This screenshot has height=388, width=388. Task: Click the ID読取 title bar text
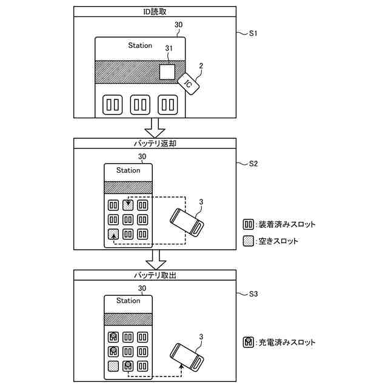click(154, 12)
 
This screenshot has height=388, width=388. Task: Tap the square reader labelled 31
click(167, 72)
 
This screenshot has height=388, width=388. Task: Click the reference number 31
click(170, 48)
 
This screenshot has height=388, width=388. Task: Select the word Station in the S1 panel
click(140, 45)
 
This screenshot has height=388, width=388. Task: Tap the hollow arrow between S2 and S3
click(156, 258)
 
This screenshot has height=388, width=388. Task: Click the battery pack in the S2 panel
click(187, 222)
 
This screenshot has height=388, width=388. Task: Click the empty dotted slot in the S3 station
click(113, 366)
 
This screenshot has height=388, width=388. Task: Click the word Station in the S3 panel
click(128, 301)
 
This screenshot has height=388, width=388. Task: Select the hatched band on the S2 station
click(128, 187)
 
